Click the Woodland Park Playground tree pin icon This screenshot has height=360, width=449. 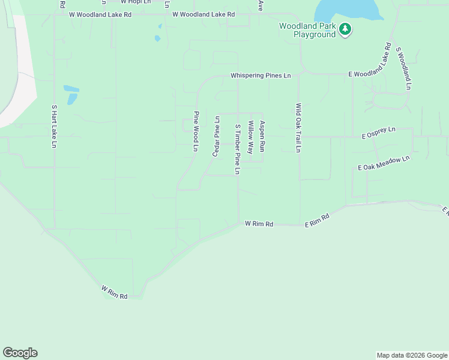pos(345,29)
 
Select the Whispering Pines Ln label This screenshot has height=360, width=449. pos(261,76)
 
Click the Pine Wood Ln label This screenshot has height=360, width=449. pos(196,131)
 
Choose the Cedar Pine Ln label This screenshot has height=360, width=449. pos(217,136)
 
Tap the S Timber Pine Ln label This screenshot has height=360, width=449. pos(238,149)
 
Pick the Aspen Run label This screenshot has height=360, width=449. pos(262,135)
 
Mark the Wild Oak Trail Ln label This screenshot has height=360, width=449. pos(298,127)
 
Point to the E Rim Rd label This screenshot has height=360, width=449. pos(318,220)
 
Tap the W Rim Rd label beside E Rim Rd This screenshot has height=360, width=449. pos(259,224)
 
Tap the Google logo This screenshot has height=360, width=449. pos(20,353)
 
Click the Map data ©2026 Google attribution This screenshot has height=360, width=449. pos(412,355)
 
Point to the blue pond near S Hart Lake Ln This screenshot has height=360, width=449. pos(71,94)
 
